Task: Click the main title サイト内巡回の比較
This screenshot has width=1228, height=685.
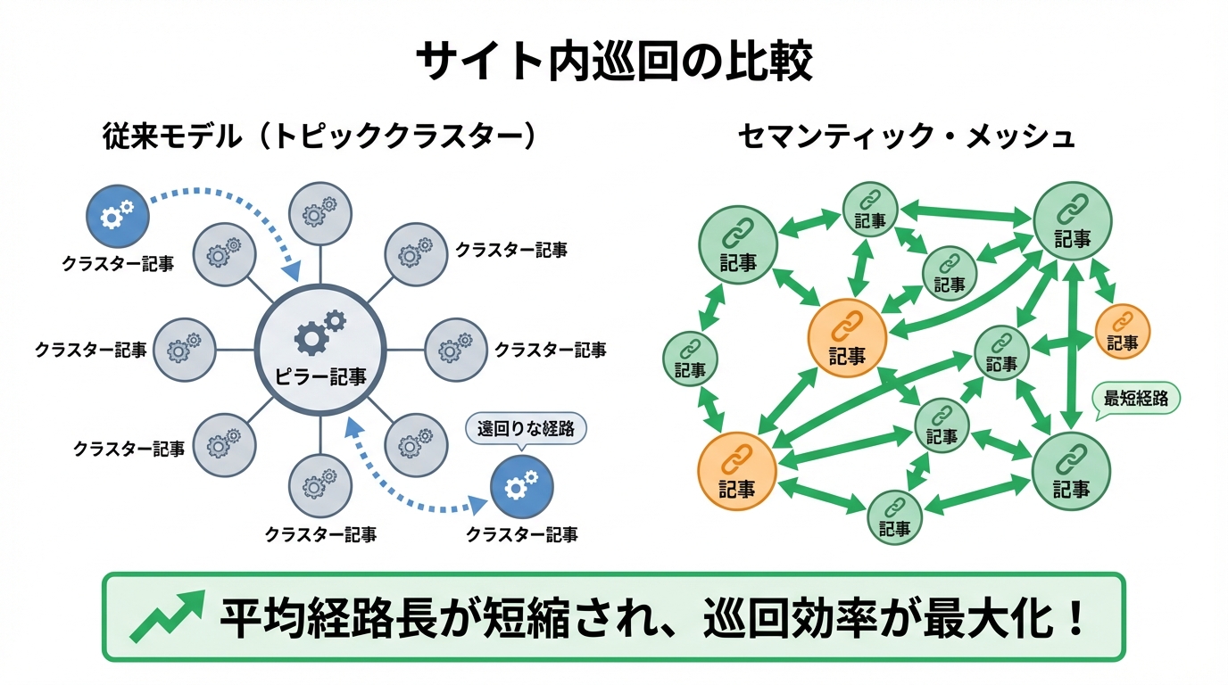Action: click(x=614, y=61)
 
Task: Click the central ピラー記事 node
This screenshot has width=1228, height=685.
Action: click(x=320, y=349)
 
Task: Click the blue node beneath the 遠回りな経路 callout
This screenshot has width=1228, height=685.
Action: click(x=522, y=486)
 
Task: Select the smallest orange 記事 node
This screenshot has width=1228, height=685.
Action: click(x=1123, y=330)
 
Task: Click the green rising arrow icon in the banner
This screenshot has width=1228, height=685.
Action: click(x=166, y=616)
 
